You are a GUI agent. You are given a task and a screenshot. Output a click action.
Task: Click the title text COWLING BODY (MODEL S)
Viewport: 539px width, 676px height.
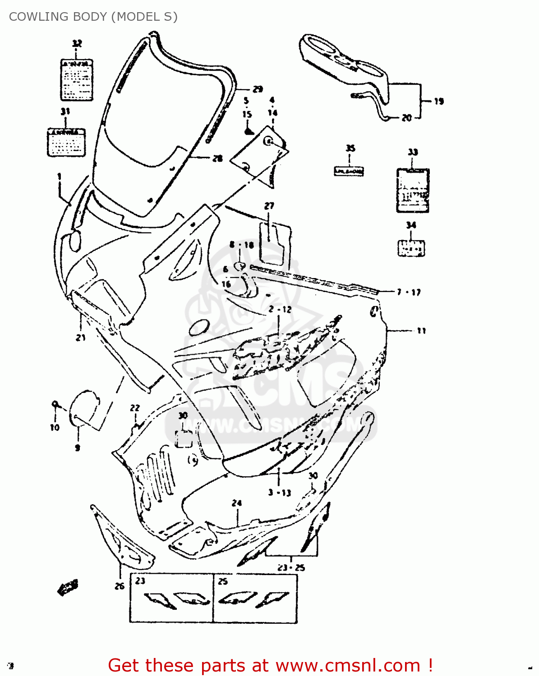pos(93,17)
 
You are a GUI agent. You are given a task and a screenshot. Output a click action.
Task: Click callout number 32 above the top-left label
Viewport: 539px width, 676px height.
pos(77,43)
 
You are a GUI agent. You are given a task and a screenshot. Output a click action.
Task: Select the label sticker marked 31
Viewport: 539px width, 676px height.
pos(66,143)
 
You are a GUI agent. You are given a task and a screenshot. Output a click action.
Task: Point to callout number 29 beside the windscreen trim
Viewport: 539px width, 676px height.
pos(258,89)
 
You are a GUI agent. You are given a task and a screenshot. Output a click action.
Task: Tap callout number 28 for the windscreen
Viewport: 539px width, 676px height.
pos(217,159)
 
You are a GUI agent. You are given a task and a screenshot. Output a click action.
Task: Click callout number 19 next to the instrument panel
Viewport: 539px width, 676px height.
pos(439,101)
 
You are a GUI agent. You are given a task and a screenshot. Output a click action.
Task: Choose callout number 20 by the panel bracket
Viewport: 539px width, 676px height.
pos(406,118)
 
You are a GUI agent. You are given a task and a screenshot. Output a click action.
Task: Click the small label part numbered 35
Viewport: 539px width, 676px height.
pos(349,171)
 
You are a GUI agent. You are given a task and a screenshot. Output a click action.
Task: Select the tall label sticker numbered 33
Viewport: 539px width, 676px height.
pos(412,190)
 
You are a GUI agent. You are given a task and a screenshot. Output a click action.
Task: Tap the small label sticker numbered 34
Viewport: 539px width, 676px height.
pos(411,248)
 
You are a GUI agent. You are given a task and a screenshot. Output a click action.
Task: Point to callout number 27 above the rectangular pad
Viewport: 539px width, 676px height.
pos(269,206)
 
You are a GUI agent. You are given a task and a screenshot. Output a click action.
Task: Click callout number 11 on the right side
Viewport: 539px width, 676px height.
pos(421,331)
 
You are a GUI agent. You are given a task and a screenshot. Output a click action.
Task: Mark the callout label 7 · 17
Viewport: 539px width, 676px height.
pos(409,292)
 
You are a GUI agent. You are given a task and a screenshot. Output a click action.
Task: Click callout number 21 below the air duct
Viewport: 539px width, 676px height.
pos(81,337)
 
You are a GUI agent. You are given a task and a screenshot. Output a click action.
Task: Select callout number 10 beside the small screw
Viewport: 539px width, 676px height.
pos(55,427)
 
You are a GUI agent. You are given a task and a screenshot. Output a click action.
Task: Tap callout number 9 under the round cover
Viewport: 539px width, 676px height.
pos(78,448)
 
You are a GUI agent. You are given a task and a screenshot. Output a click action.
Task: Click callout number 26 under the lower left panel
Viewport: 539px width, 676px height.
pos(120,586)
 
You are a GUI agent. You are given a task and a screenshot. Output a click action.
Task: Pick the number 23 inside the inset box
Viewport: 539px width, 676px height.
pos(140,581)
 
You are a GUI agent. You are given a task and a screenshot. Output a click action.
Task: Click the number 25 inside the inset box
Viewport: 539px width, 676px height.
pos(223,581)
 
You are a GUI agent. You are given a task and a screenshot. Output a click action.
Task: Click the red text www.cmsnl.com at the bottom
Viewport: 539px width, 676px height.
pos(348,666)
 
